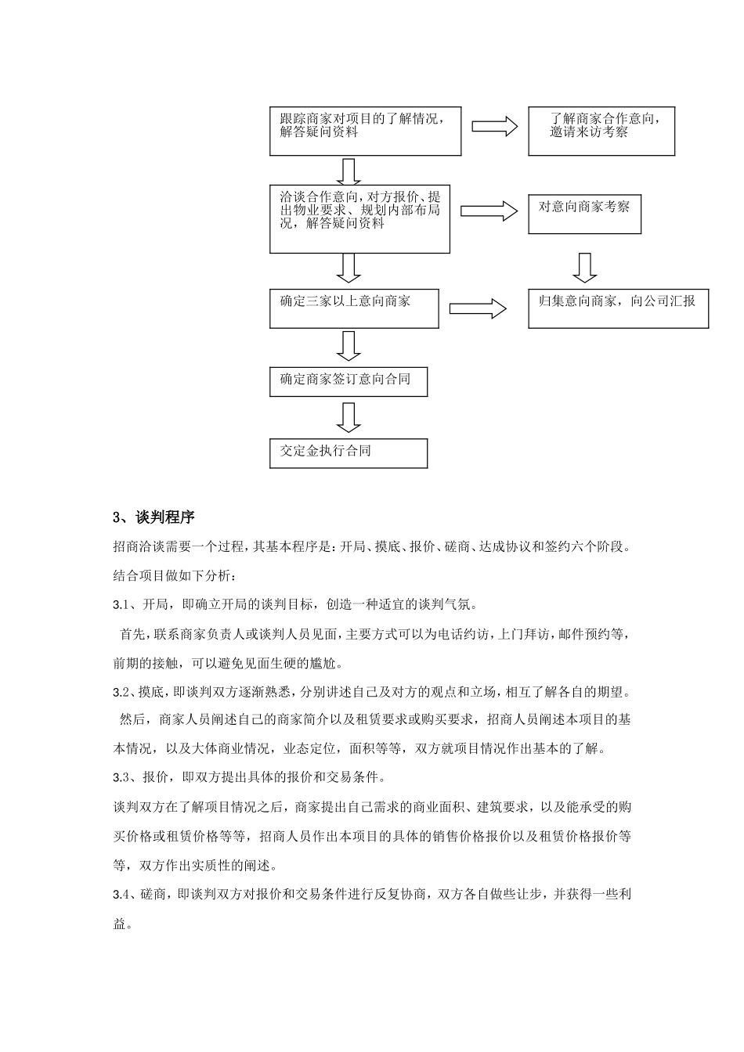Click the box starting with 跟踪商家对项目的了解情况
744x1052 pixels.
coord(365,131)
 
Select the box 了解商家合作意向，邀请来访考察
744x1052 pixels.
coord(601,131)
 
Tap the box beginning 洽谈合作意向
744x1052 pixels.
coord(359,218)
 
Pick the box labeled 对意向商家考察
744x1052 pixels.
coord(584,214)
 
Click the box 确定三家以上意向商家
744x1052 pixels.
coord(354,308)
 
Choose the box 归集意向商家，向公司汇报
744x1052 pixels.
coord(618,308)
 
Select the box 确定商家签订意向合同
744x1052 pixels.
coord(349,381)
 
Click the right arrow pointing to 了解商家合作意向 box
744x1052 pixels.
coord(494,126)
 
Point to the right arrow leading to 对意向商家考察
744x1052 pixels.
coord(489,211)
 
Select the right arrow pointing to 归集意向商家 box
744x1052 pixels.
coord(478,308)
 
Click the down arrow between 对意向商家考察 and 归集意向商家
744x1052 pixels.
coord(584,267)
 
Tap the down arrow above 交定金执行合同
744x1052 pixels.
coord(349,417)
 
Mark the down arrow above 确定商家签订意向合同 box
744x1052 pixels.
coord(349,345)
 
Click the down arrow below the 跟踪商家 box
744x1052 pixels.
coord(349,171)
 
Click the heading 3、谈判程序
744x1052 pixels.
coord(154,517)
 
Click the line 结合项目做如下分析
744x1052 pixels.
coord(173,575)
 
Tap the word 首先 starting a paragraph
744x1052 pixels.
coord(132,633)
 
